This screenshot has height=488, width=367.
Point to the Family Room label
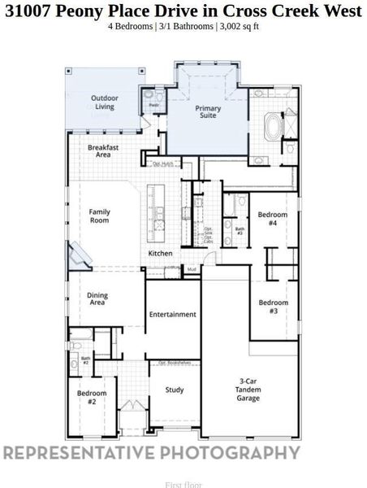(99, 216)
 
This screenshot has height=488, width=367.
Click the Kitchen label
(160, 254)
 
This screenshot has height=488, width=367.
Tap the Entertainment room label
(172, 315)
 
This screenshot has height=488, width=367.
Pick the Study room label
(173, 390)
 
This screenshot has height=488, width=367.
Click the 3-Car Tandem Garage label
(248, 390)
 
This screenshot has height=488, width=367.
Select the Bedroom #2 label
(87, 397)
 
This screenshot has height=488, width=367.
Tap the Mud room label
(192, 268)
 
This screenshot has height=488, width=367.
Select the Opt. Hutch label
(162, 164)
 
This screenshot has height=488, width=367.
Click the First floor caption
(183, 485)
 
